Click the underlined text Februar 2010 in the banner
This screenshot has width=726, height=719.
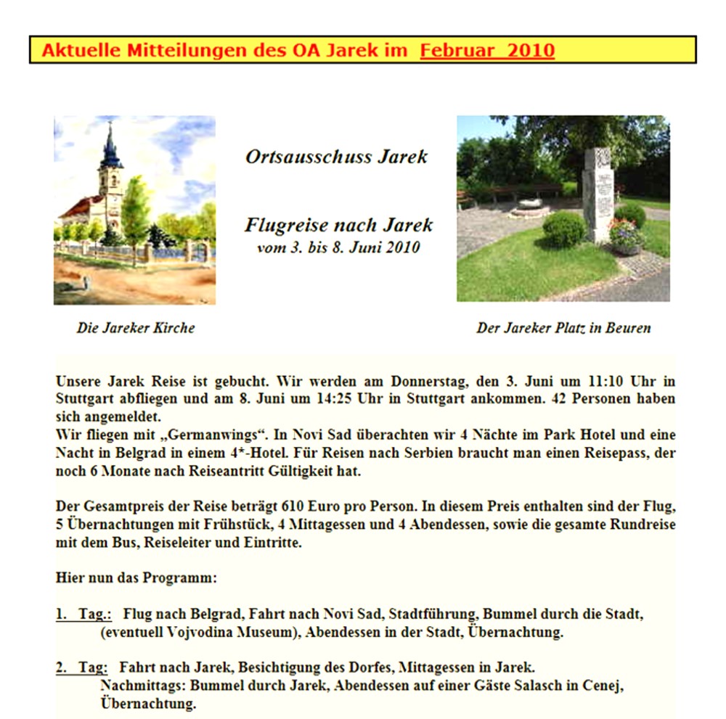pyautogui.click(x=487, y=51)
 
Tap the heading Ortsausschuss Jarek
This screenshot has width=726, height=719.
pyautogui.click(x=336, y=157)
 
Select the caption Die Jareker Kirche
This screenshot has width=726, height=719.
pyautogui.click(x=136, y=328)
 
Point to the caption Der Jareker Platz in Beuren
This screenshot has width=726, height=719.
pyautogui.click(x=563, y=328)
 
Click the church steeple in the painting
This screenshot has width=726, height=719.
pyautogui.click(x=110, y=149)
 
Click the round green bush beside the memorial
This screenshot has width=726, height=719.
pyautogui.click(x=563, y=229)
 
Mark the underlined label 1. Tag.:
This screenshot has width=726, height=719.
pyautogui.click(x=83, y=615)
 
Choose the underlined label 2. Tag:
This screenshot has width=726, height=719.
pyautogui.click(x=81, y=667)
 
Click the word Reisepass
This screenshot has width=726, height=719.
pyautogui.click(x=605, y=453)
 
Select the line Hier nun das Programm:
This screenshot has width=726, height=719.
pyautogui.click(x=136, y=578)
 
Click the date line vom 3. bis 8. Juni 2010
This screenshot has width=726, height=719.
pyautogui.click(x=338, y=247)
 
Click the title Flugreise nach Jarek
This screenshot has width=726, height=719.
pyautogui.click(x=338, y=226)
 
